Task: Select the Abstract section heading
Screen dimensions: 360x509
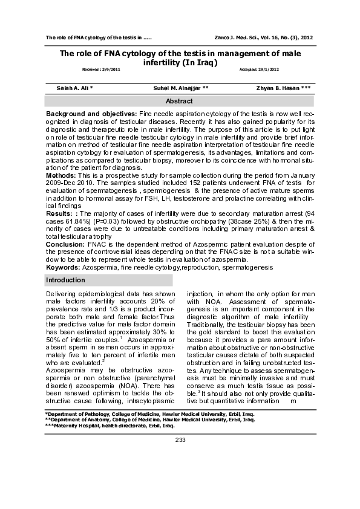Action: (179, 102)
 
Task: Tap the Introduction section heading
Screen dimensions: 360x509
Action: (65, 280)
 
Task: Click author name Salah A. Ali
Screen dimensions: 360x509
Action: (74, 88)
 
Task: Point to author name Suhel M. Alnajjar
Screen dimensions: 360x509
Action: (182, 88)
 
